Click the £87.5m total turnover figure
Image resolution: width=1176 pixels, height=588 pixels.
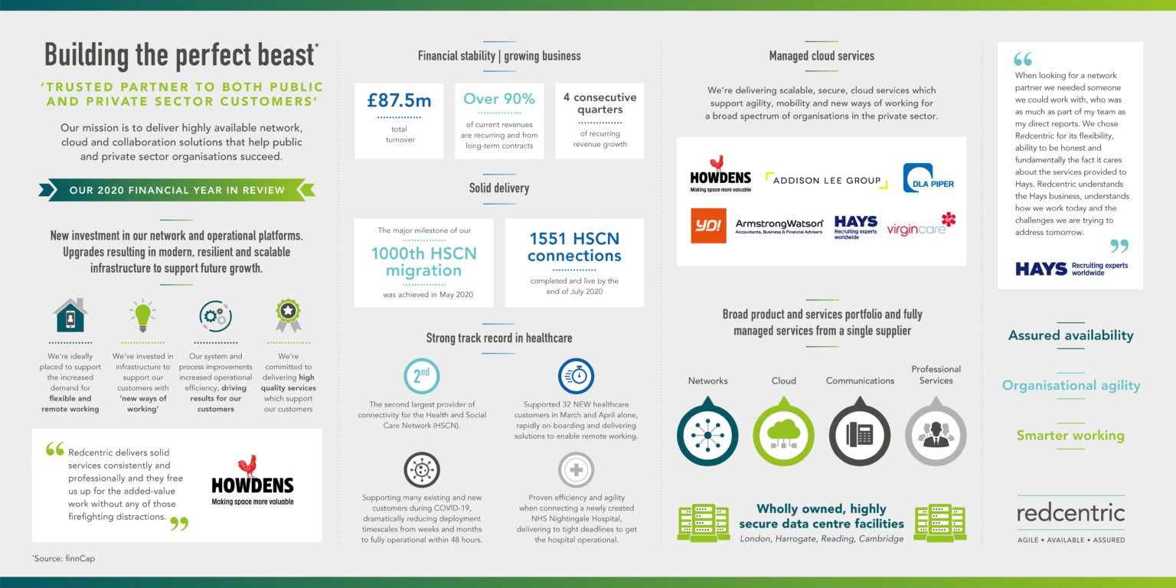point(398,100)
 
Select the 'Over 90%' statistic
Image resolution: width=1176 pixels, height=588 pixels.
point(499,99)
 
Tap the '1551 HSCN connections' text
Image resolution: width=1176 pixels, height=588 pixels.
point(575,247)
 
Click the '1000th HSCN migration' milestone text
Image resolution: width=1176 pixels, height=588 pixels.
point(423,262)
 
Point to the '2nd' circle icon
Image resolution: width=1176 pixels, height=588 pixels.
point(421,376)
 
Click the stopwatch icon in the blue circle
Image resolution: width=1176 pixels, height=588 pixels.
point(576,376)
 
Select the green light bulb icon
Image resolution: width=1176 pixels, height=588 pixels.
point(142,315)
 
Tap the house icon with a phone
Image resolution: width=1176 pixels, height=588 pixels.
point(70,315)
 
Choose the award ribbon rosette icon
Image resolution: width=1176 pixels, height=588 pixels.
point(288,315)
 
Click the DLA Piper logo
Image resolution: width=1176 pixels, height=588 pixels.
point(928,178)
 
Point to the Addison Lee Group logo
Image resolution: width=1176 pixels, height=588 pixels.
point(826,181)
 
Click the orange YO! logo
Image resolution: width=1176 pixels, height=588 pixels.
point(708,226)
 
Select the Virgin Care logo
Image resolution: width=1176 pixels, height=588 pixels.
point(921,226)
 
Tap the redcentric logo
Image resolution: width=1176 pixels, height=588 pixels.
point(1070,513)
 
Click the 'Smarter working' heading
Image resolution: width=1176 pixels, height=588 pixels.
point(1070,436)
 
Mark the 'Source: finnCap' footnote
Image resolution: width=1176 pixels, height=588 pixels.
point(64,559)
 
